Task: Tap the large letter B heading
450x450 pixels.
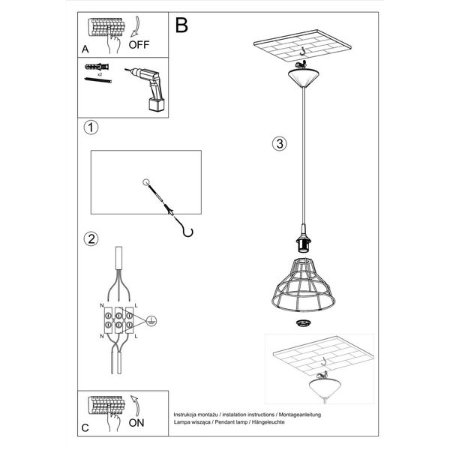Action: click(x=181, y=26)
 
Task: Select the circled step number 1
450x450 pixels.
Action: click(x=91, y=128)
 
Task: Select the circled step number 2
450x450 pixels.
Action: click(x=91, y=240)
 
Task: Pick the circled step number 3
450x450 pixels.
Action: click(x=279, y=144)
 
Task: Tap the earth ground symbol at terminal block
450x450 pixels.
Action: click(x=152, y=319)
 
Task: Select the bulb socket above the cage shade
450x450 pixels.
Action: click(x=304, y=244)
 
